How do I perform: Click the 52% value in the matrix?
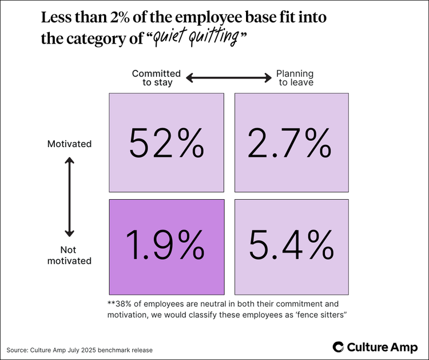[x=166, y=143]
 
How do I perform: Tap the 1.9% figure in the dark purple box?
[x=166, y=247]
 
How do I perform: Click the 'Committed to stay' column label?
[x=156, y=78]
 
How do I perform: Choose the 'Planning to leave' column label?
[x=295, y=78]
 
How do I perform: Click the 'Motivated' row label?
[x=69, y=144]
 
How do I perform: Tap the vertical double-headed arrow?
[x=69, y=197]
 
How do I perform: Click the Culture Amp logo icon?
[x=339, y=346]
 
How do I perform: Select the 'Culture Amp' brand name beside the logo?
[x=383, y=346]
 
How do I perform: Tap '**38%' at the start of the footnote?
[x=121, y=304]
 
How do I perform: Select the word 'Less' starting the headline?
[x=57, y=18]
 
